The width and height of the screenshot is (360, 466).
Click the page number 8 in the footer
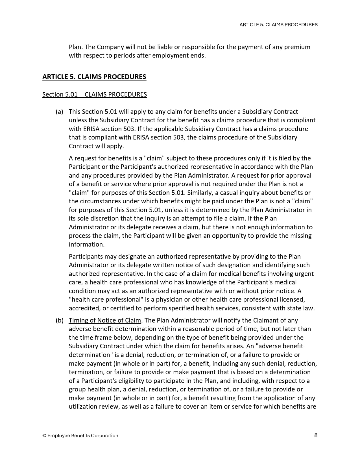316,435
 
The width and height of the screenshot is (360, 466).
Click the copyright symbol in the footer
44,435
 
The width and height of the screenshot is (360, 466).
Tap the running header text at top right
278,25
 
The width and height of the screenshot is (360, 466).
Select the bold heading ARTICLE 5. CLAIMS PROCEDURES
94,77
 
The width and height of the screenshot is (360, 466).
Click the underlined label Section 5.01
60,94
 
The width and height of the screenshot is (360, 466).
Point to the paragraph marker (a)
59,112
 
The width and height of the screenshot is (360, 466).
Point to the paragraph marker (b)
59,320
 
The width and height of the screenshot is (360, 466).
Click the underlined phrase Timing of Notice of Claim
105,320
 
